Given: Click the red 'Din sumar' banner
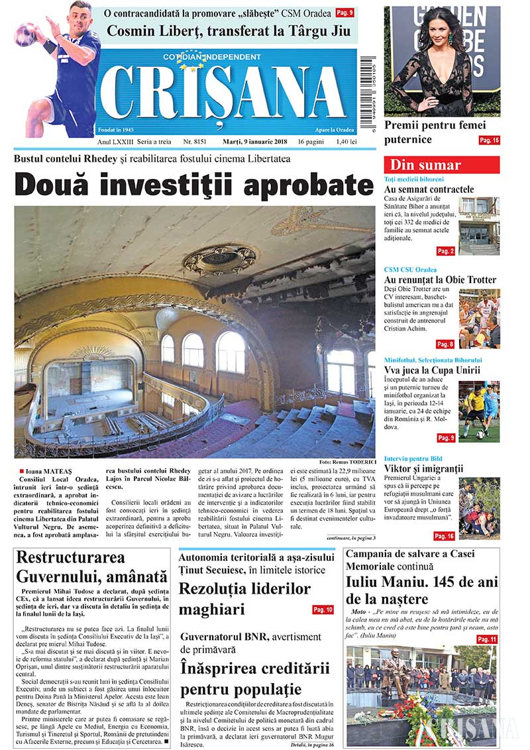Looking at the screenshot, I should (442, 165).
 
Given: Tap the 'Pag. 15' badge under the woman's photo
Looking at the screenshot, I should (490, 140).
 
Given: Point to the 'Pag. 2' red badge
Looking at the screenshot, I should (445, 251).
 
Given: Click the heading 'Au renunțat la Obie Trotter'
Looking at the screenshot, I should (440, 280).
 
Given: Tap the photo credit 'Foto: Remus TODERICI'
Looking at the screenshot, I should (346, 461).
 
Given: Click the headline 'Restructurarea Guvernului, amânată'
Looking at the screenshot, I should (91, 566).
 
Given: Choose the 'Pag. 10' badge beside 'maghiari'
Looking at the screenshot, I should (323, 610).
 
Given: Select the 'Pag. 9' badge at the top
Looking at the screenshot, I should (344, 13).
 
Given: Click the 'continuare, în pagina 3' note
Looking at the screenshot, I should (351, 537).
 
